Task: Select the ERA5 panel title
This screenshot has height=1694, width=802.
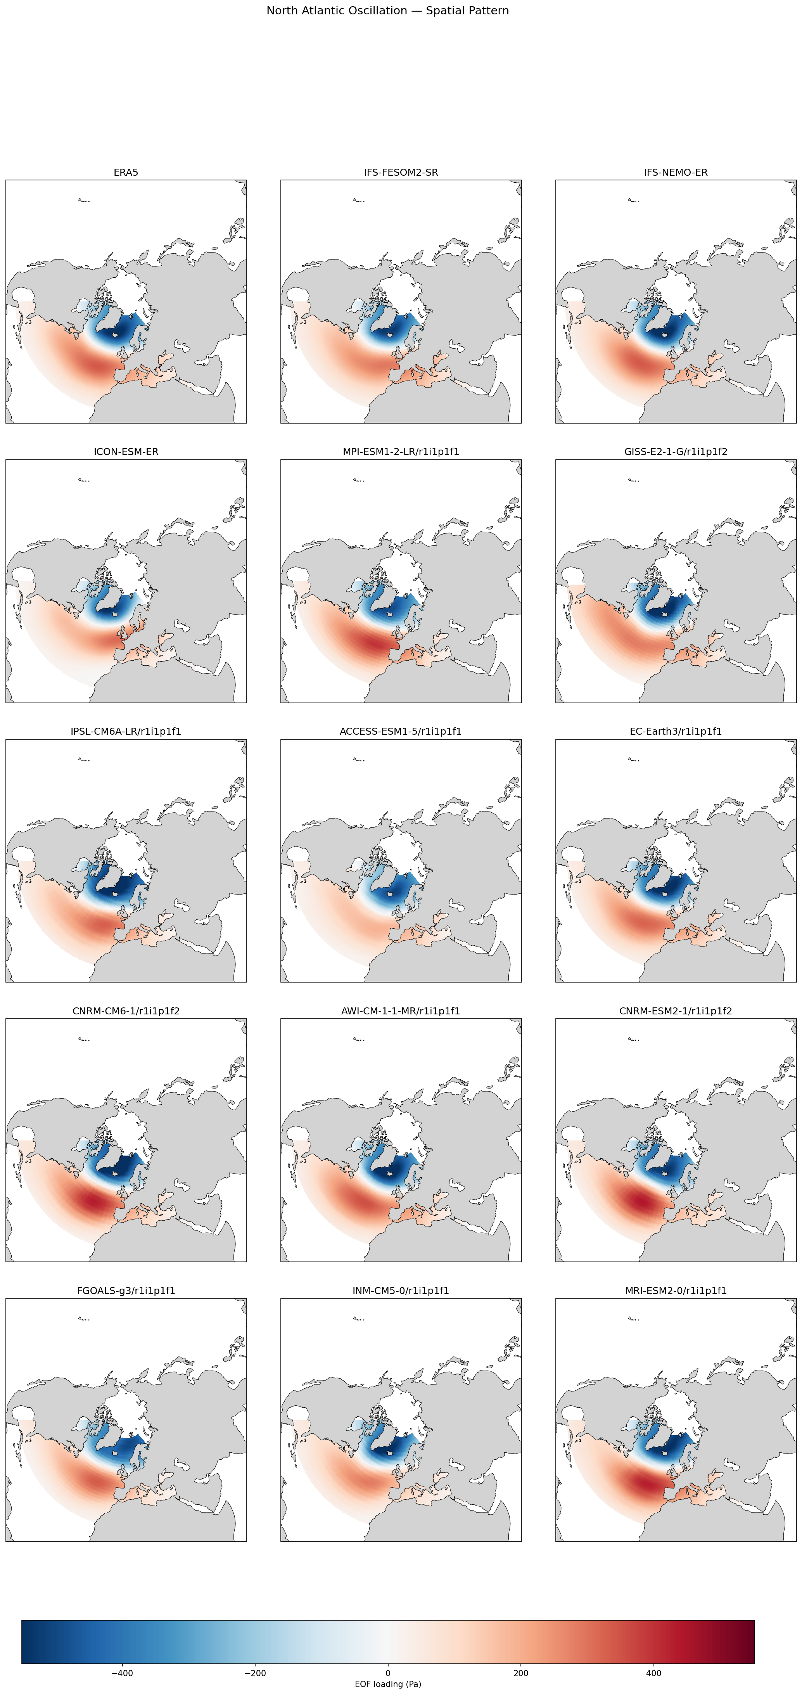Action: coord(126,172)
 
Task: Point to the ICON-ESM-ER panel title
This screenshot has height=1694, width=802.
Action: coord(126,452)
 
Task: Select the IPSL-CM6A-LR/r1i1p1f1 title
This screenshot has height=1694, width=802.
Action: coord(126,731)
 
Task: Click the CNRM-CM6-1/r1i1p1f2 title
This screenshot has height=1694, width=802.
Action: coord(126,1011)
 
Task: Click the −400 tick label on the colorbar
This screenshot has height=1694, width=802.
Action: coord(122,1673)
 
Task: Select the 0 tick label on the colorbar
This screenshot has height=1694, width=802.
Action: coord(388,1673)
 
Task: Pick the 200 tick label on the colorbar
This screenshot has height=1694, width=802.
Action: coord(521,1673)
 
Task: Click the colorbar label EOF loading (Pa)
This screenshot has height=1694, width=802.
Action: coord(388,1684)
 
